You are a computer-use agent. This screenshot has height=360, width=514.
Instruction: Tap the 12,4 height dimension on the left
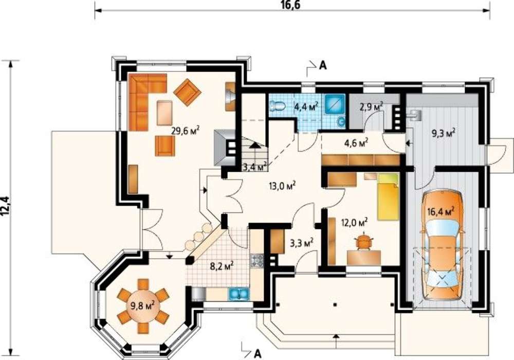pyautogui.click(x=5, y=206)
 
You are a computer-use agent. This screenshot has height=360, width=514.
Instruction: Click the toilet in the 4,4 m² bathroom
pyautogui.click(x=278, y=106)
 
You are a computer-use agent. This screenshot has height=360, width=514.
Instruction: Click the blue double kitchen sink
pyautogui.click(x=239, y=294)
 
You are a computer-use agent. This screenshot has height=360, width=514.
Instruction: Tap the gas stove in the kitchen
pyautogui.click(x=257, y=261)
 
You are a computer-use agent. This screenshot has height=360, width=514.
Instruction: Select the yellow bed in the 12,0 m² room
pyautogui.click(x=388, y=197)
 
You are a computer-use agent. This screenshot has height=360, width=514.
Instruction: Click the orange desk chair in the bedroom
pyautogui.click(x=364, y=241)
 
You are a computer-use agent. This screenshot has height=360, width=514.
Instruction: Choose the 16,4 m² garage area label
pyautogui.click(x=441, y=211)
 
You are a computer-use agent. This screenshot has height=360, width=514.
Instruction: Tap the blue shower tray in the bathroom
pyautogui.click(x=335, y=104)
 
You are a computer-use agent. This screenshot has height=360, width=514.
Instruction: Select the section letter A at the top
pyautogui.click(x=323, y=66)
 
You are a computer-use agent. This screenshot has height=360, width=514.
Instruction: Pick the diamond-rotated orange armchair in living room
pyautogui.click(x=187, y=92)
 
